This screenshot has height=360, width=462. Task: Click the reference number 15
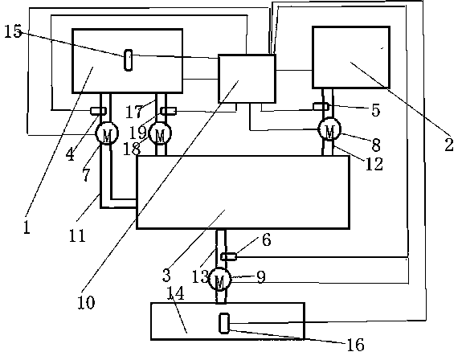coord(14,31)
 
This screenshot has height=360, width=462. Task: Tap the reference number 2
coord(449,145)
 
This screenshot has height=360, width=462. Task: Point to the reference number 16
coord(356,345)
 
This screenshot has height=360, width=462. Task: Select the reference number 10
coord(86,302)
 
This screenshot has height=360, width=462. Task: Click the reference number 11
coord(77,235)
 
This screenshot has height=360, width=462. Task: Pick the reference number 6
coord(267,239)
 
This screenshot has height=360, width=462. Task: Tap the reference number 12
coord(374,164)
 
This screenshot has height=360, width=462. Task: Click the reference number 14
coord(176,292)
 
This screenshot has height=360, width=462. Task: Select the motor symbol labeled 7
coord(107,133)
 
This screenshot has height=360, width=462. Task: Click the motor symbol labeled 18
coord(160,133)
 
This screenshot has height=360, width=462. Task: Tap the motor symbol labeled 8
coord(329,129)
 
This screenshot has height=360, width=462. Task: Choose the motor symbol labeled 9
coord(219,280)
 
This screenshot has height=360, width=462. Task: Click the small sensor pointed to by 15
coord(129,60)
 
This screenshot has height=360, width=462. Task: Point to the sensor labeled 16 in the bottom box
coord(224,324)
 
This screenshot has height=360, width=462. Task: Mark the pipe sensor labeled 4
coord(98,111)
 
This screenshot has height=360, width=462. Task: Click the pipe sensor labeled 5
coord(321,106)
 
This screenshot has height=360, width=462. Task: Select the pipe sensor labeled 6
coord(229,257)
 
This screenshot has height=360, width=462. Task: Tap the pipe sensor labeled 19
coord(169,111)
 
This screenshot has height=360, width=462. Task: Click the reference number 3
coord(166,275)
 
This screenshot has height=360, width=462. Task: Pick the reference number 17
coord(134,112)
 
